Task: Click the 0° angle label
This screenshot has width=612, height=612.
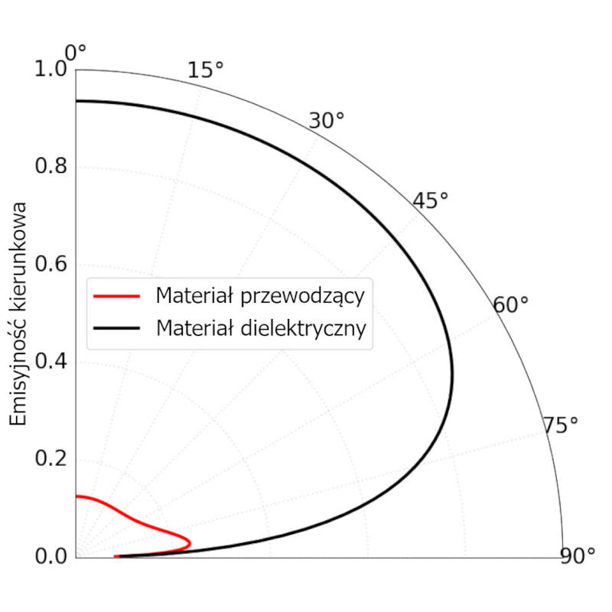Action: tap(75, 52)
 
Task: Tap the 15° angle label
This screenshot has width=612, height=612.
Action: tap(205, 70)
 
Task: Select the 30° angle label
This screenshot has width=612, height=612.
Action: tap(327, 120)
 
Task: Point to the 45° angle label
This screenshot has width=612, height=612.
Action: tap(430, 200)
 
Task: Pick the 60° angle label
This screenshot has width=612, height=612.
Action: tap(510, 305)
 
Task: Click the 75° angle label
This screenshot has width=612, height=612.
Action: tap(561, 426)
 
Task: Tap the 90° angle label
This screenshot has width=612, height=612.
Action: tap(577, 556)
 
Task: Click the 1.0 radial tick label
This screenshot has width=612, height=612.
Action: tap(52, 70)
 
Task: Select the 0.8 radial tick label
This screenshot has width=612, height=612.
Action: tap(52, 168)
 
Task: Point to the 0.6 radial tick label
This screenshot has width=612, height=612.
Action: tap(52, 265)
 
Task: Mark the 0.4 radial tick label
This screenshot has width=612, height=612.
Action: tap(52, 362)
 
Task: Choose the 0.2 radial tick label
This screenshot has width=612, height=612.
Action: tap(52, 459)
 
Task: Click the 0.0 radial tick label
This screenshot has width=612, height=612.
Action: tap(52, 556)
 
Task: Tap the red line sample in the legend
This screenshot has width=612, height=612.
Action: tap(117, 295)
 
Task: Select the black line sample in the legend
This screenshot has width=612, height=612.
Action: tap(117, 328)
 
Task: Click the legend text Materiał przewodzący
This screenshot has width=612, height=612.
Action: tap(259, 295)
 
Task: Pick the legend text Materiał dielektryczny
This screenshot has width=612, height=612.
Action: tap(261, 328)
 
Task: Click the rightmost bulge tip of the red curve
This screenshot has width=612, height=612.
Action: tap(190, 543)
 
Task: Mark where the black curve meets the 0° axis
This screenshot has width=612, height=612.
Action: tap(76, 101)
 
